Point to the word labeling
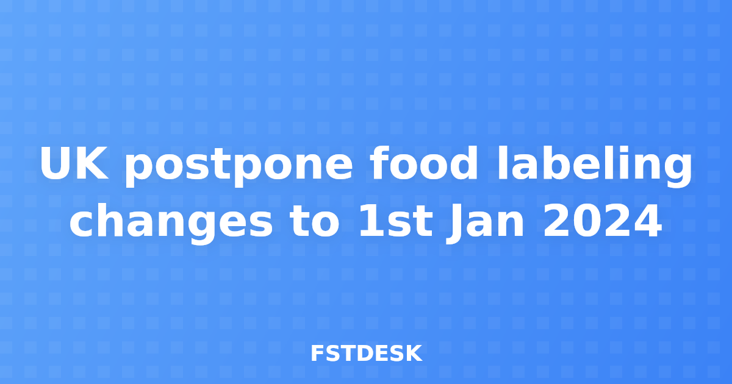click(594, 165)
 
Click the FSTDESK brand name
click(366, 354)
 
